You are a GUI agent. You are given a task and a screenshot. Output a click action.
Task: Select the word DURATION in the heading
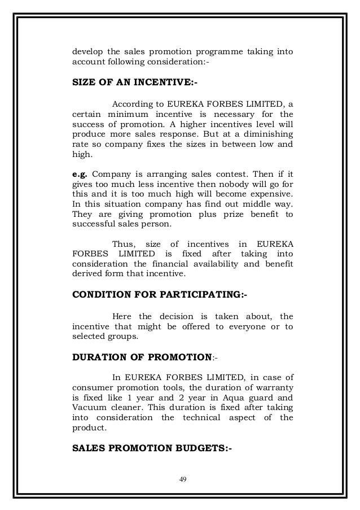point(100,357)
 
